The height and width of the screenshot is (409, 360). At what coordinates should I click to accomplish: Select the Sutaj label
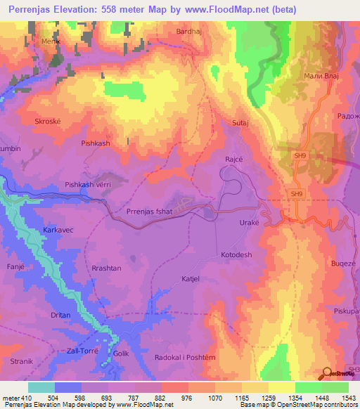(241, 123)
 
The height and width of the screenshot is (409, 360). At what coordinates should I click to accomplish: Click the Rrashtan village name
(106, 268)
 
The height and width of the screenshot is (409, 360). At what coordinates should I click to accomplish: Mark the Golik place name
(121, 354)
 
